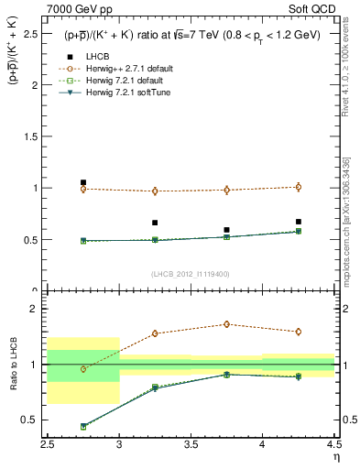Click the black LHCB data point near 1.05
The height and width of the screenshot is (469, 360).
(83, 182)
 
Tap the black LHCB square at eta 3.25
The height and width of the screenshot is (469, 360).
(155, 223)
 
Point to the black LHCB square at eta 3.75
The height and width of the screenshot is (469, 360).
(226, 230)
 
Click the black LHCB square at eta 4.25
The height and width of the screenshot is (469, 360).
(298, 222)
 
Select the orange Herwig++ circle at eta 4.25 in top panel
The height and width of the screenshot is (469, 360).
(298, 187)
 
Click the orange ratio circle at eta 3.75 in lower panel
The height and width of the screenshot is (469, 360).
(226, 324)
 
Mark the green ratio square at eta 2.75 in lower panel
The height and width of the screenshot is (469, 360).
(83, 427)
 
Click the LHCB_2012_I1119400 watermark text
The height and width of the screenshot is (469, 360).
(191, 274)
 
